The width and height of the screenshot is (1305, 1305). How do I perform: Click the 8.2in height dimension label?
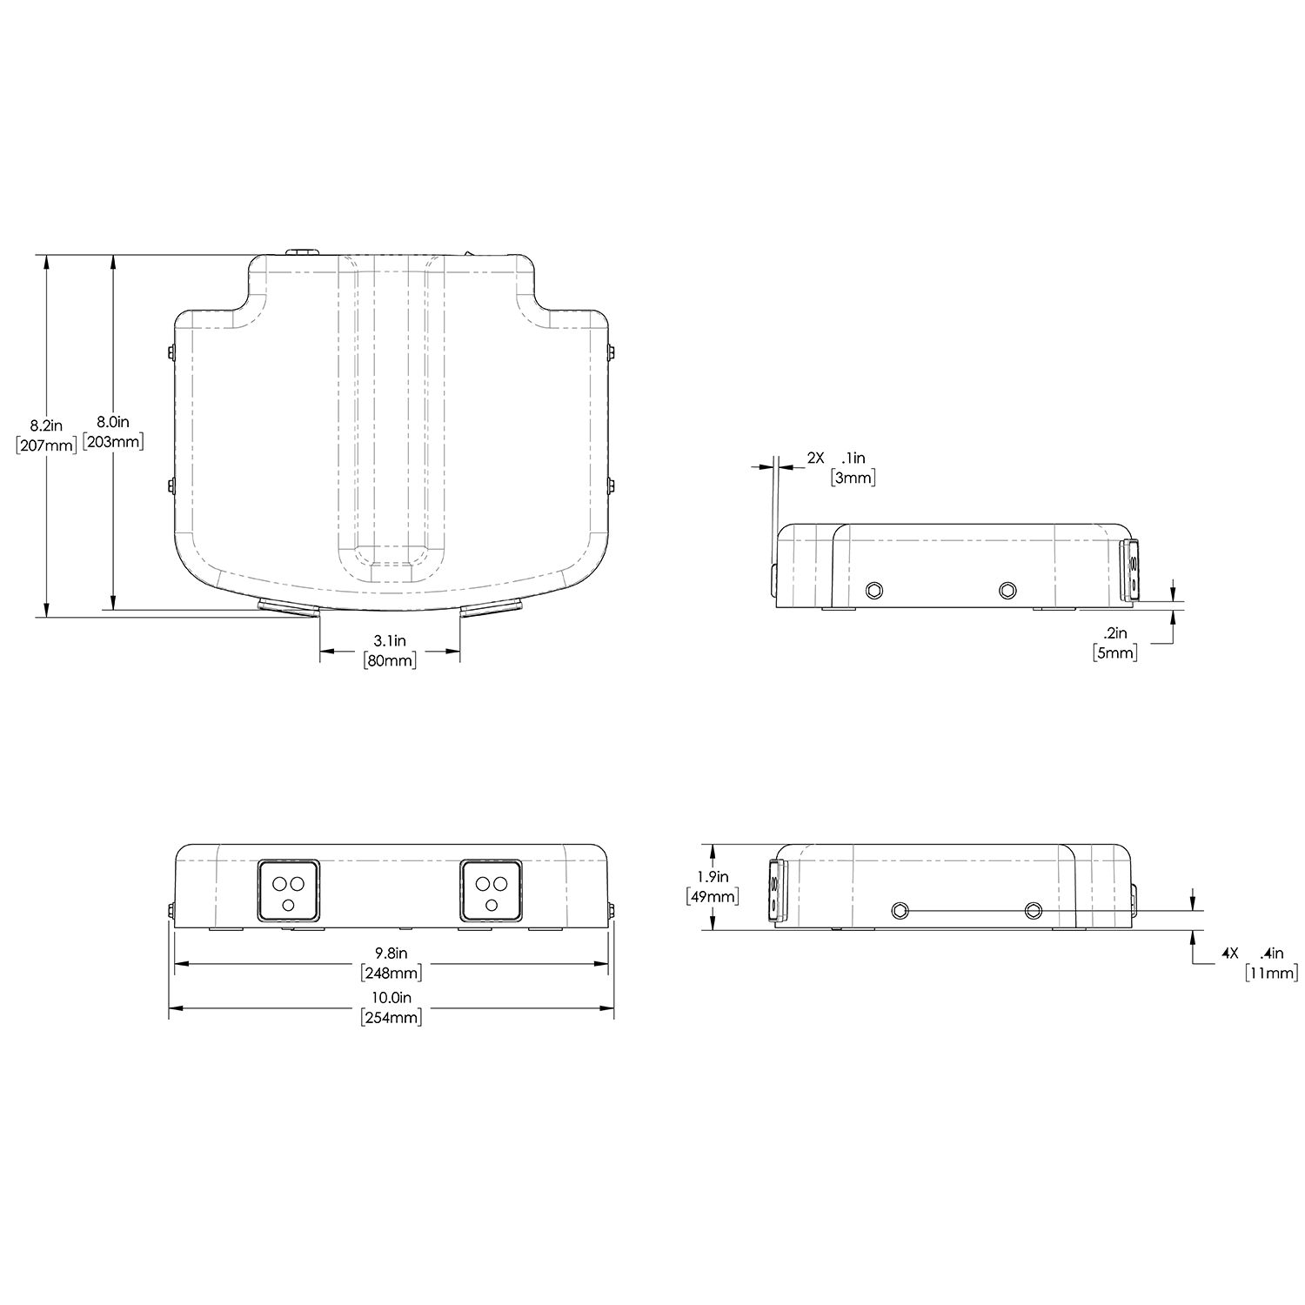pos(46,425)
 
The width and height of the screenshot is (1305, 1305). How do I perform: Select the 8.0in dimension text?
pos(112,422)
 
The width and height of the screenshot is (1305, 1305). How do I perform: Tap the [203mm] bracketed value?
pos(113,441)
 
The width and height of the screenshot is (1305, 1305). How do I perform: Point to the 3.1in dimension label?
pos(389,641)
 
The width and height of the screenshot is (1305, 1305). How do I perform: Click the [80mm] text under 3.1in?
pos(389,660)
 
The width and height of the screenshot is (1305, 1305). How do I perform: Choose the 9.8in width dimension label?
pos(391,954)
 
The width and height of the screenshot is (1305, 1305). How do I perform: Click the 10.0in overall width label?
pos(391,998)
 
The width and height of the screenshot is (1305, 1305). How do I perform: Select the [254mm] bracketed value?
pos(391,1017)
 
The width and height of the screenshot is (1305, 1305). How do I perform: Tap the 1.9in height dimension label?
pos(713,877)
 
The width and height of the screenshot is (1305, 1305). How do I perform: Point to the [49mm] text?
pos(713,896)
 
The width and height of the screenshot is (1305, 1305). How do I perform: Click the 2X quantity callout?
pos(814,458)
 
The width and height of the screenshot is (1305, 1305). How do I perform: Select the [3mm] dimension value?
pos(853,477)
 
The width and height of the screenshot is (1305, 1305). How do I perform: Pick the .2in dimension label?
pos(1114,633)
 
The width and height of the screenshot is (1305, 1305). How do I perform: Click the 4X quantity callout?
pos(1229,954)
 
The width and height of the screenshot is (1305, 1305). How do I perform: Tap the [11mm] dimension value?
pos(1271,973)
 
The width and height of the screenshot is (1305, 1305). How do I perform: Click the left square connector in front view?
pos(288,890)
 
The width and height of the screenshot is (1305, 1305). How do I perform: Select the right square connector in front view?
pos(492,890)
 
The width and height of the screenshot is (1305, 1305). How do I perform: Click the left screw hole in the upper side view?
pos(873,591)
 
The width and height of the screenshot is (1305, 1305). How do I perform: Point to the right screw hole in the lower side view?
pos(1033,910)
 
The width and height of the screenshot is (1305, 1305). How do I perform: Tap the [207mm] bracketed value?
pos(46,445)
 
